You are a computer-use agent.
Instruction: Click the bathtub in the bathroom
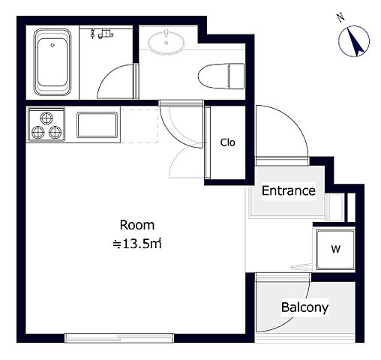pos(52,62)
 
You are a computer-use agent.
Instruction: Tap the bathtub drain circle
pos(52,45)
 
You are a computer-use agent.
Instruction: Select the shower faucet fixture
pos(102,34)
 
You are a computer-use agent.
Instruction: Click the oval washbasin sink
pos(166,42)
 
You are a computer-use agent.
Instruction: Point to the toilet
pos(221,76)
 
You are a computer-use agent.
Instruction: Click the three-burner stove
pos(46,124)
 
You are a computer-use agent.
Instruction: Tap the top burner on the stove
pos(46,118)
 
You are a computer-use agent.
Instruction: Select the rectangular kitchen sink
pos(97,124)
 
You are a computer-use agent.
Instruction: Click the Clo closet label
pos(227,142)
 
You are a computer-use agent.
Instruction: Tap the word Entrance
pos(289,190)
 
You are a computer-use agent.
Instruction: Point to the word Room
pos(137,225)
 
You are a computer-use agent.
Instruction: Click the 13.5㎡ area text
pos(137,244)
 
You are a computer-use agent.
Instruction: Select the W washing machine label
pos(335,249)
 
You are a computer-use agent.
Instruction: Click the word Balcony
pos(304,307)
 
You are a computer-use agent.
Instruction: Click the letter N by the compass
pos(340,18)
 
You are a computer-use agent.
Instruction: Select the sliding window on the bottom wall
pos(119,337)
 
